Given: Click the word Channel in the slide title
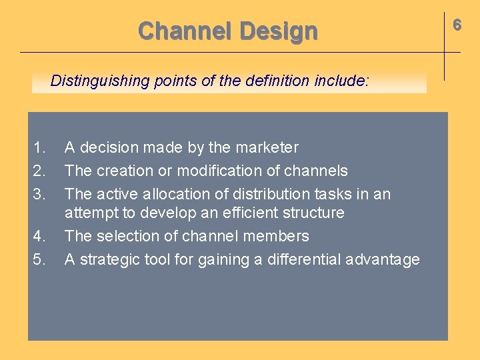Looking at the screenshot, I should pos(185,31).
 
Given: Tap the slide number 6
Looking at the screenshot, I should pos(457,25).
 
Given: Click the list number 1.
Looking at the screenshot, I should pos(39,147).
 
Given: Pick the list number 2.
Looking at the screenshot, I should pos(39,171).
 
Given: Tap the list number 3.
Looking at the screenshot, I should pos(39,194).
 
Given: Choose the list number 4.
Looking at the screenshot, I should pos(39,236).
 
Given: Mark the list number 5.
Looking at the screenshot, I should pos(39,259).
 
